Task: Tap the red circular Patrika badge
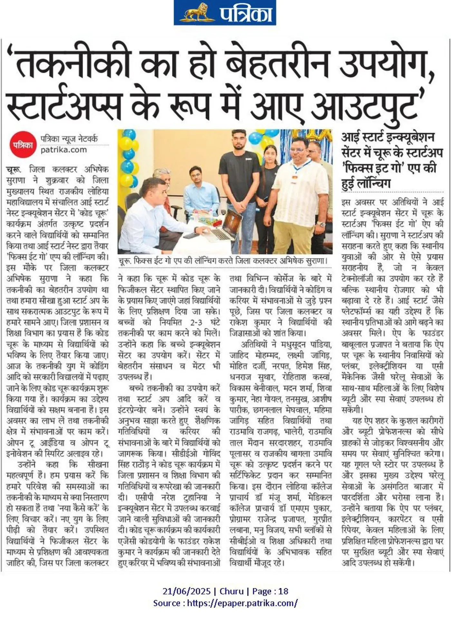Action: click(22, 145)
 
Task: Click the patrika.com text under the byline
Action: click(63, 150)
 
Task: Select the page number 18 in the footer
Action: click(283, 591)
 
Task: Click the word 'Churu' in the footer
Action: click(231, 591)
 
